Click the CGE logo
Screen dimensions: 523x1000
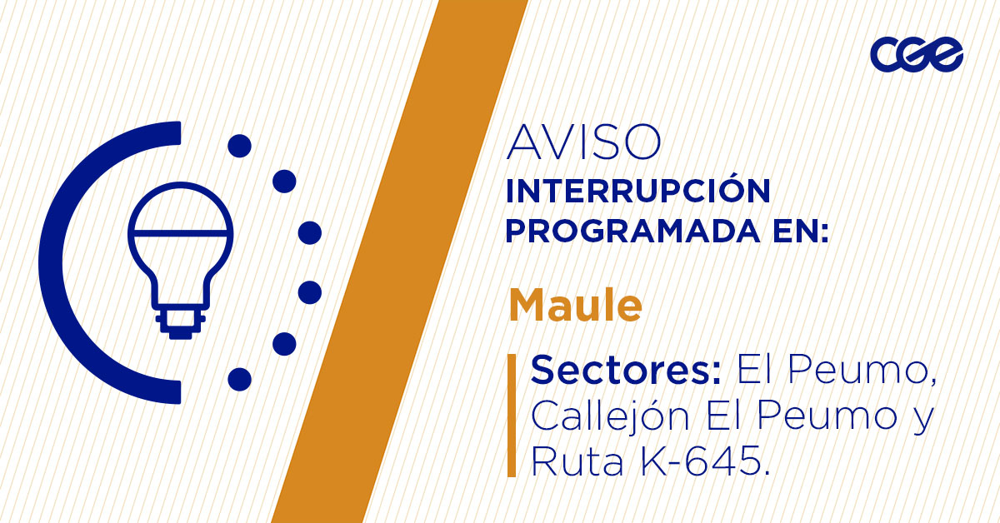pos(916,55)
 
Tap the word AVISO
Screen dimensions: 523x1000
pos(583,143)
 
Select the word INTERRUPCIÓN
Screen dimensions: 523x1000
pos(637,192)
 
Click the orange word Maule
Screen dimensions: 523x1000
pos(575,306)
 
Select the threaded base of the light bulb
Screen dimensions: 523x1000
pos(179,321)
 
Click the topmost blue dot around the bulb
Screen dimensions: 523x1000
pos(239,147)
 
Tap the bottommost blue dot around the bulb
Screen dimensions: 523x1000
pos(239,379)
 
